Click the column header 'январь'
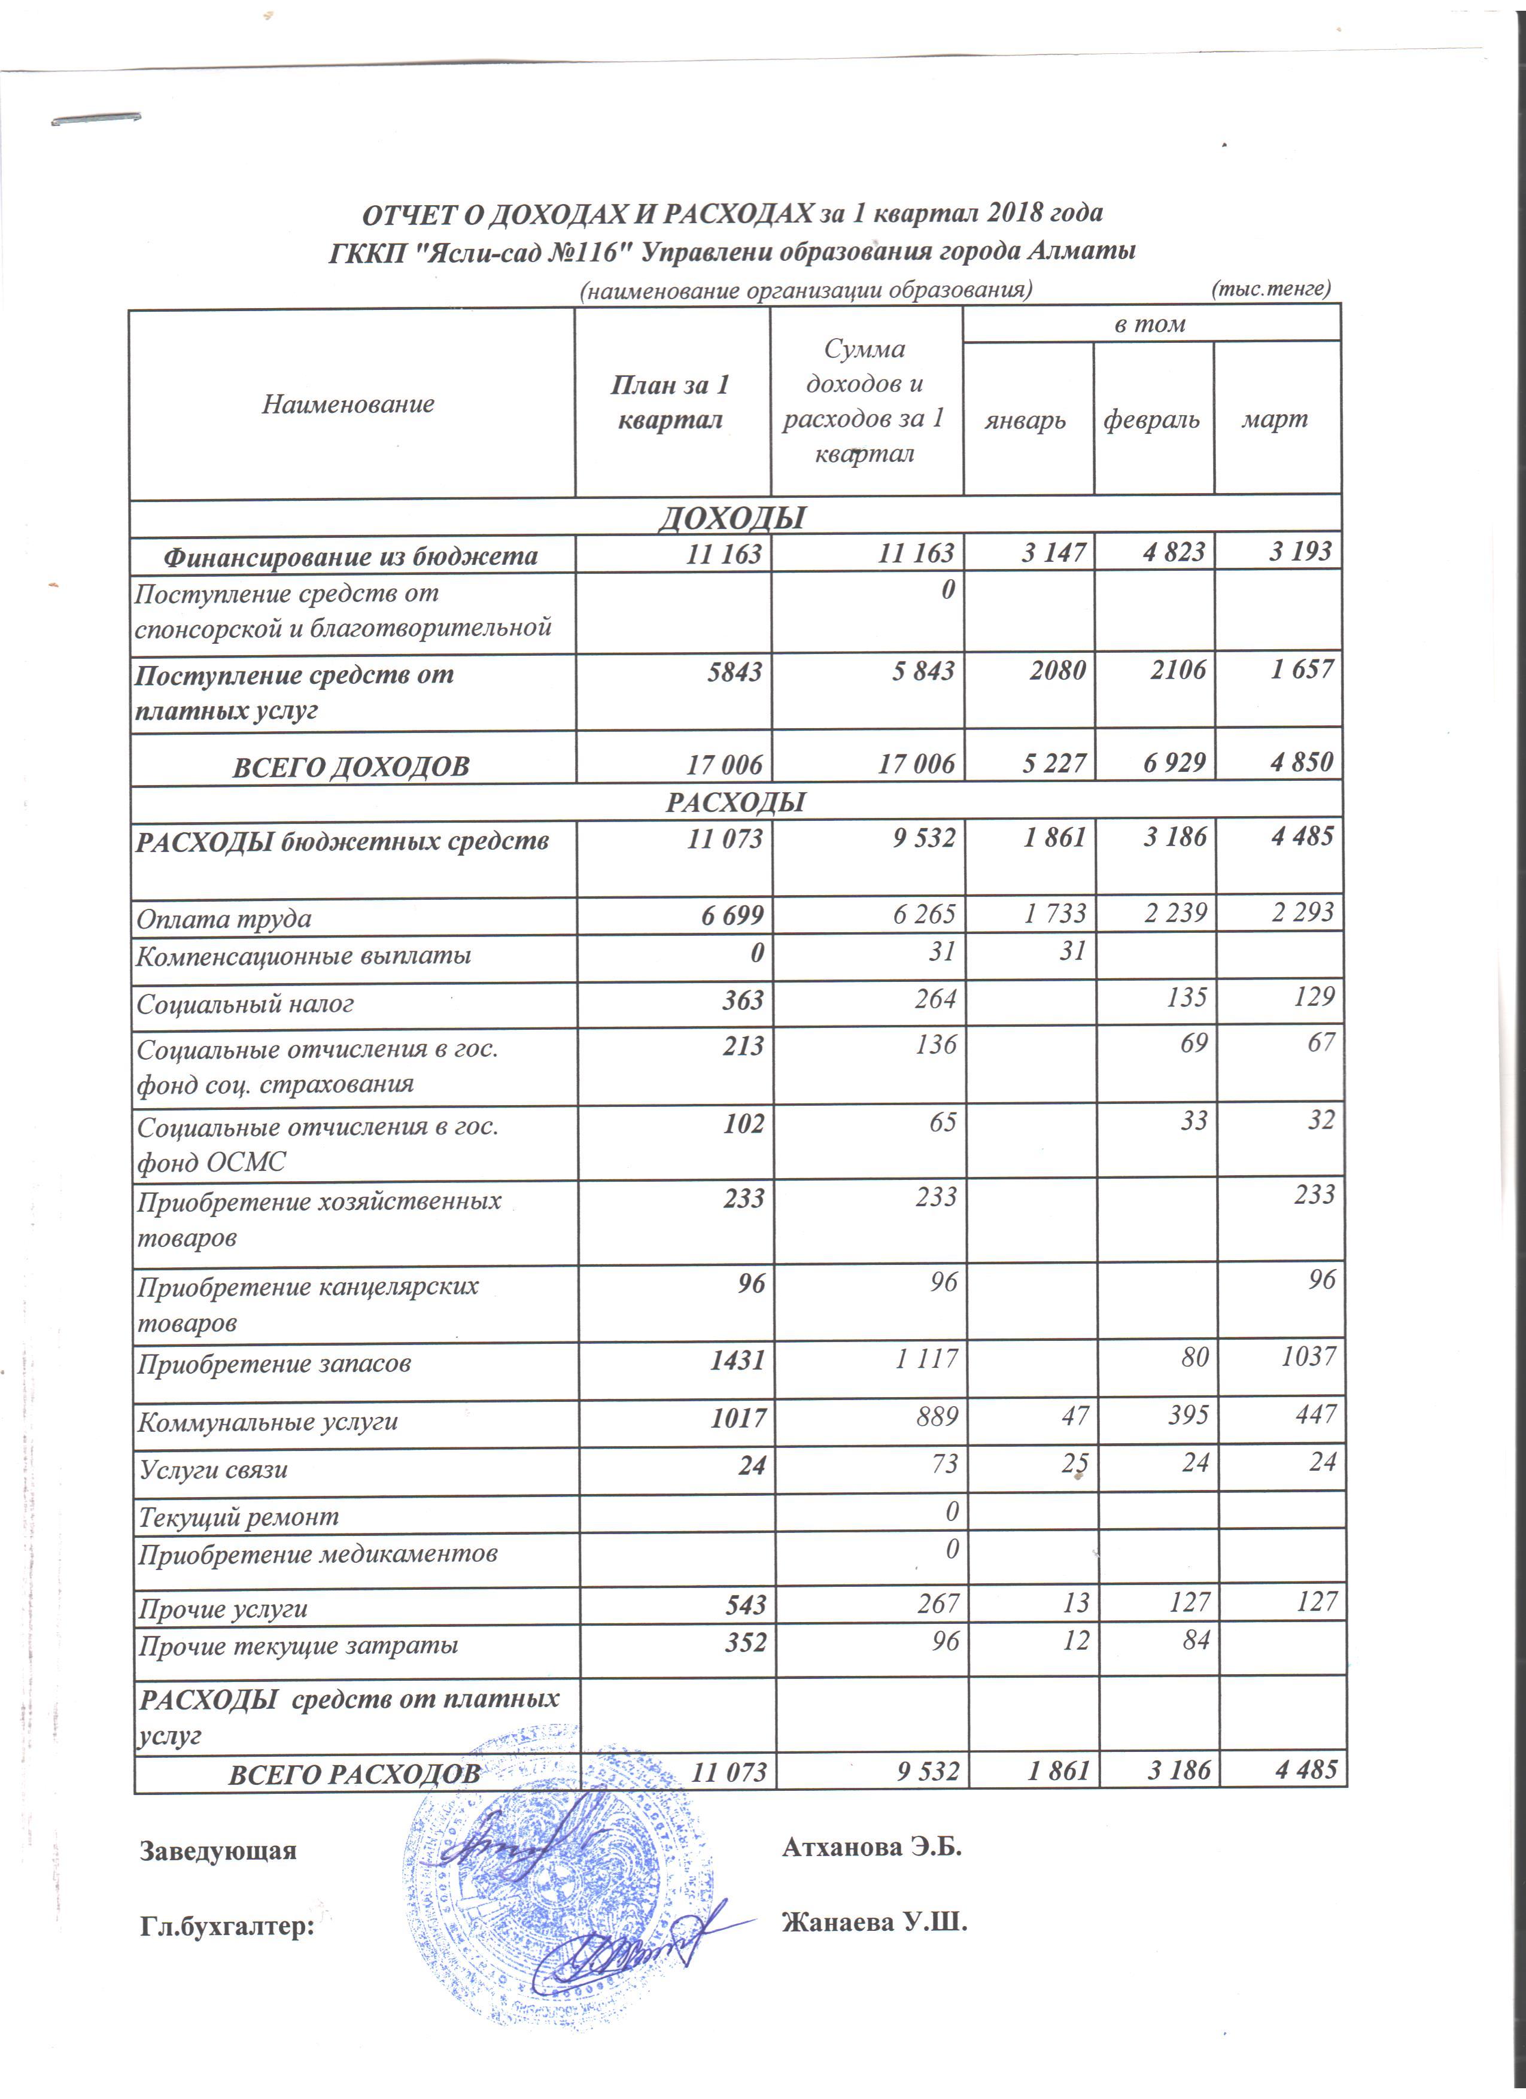click(x=1025, y=420)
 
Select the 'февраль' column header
click(x=1151, y=420)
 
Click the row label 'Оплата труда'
click(x=224, y=919)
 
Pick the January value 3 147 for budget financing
click(x=1053, y=552)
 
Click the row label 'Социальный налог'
click(x=245, y=1004)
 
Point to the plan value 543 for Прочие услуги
click(x=741, y=1604)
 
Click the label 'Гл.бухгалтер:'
click(x=227, y=1927)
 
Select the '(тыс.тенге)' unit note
click(x=1270, y=289)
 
